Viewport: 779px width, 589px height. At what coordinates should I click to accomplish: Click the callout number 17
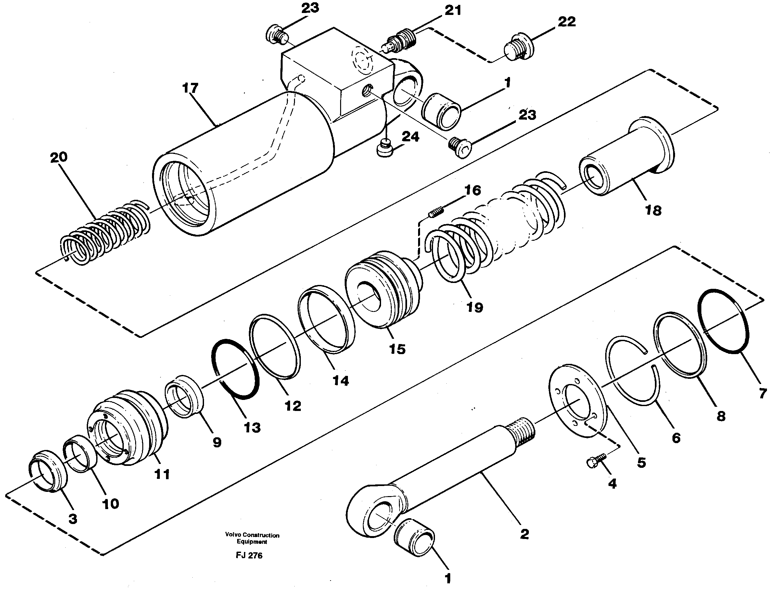[190, 88]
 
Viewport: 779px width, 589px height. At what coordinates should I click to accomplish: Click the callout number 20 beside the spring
[58, 157]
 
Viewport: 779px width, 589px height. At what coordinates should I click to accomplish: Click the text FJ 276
[249, 556]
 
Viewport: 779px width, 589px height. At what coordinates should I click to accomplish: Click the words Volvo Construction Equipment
[252, 538]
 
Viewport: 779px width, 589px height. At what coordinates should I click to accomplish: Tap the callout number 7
[762, 393]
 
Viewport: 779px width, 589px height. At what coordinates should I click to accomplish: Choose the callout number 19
[474, 307]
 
